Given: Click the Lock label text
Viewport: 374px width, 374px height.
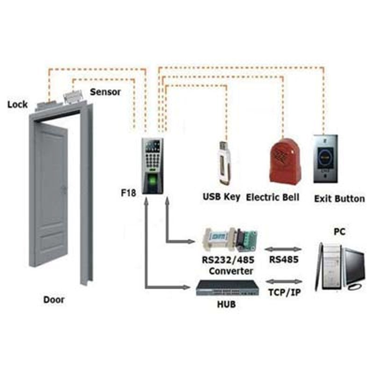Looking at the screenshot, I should coord(18,104).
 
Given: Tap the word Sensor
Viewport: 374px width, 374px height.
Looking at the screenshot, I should coord(105,92).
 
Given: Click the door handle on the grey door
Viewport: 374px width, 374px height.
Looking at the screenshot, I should coord(64,188).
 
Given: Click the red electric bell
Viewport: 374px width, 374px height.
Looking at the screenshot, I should coord(284,159).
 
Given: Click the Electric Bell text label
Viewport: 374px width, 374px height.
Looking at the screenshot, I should coord(273,197).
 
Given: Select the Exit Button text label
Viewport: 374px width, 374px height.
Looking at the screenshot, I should coord(339,199).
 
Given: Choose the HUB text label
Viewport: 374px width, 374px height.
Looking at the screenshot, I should coord(226,305).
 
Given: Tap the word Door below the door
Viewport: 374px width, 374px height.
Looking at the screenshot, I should coord(54,300).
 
